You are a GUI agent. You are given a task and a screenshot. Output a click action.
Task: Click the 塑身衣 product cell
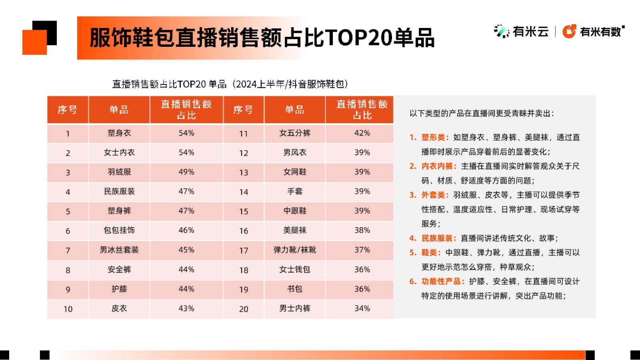119,133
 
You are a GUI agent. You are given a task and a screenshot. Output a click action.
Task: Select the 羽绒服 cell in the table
119,172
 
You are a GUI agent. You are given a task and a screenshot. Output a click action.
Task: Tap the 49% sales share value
186,172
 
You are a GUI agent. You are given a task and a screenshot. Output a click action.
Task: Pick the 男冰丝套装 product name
119,250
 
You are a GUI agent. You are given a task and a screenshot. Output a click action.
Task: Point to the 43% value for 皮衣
186,309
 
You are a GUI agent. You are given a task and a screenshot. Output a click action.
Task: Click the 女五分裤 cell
295,133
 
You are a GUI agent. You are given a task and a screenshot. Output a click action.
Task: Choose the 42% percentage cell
362,133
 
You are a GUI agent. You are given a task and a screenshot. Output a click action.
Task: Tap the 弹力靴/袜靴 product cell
295,250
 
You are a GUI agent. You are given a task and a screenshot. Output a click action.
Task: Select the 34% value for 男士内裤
362,309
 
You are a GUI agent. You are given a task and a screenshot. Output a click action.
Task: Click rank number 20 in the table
244,309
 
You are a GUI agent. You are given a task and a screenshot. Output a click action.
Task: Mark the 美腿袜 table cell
295,230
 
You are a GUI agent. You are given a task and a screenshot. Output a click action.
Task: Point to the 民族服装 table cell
119,192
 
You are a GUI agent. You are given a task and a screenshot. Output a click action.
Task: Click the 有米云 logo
522,31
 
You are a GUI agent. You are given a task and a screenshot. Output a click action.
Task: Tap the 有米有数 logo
594,31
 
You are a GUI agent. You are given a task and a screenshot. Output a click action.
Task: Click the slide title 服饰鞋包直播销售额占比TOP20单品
262,38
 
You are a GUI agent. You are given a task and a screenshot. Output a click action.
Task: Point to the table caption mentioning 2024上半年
230,84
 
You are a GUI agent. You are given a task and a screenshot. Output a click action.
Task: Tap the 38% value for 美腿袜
362,230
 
